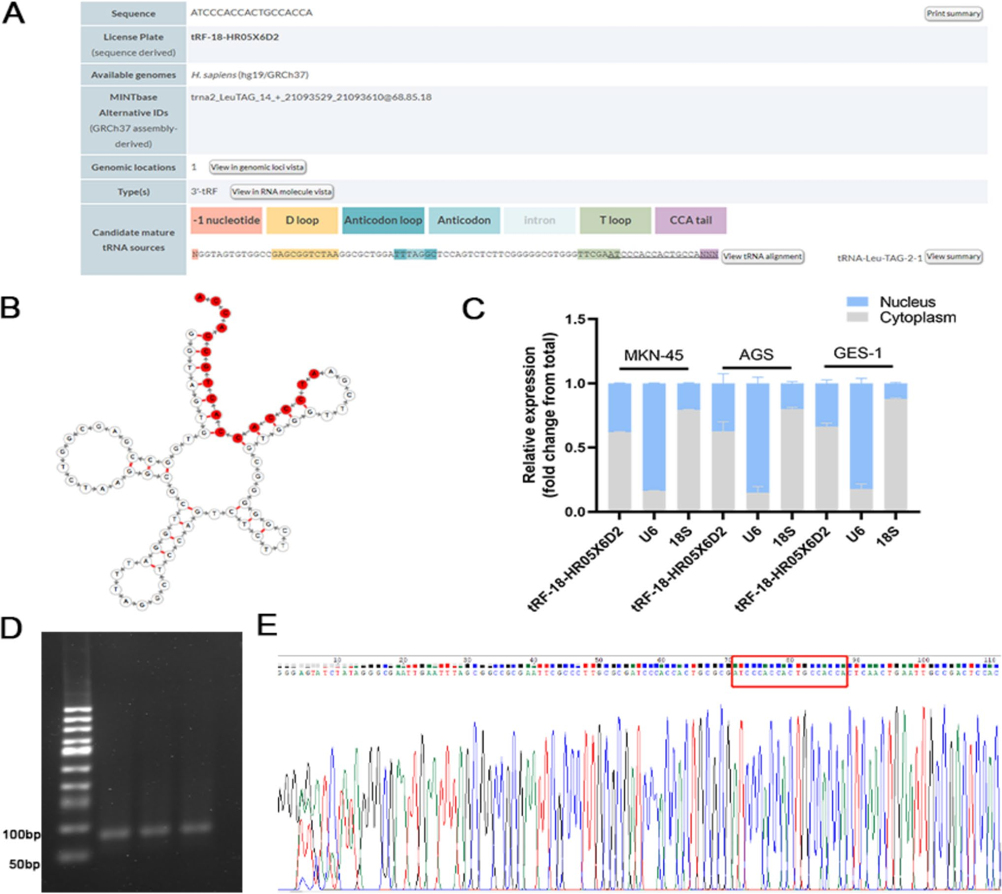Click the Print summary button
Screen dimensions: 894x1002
click(x=953, y=14)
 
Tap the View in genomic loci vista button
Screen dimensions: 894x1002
click(x=257, y=167)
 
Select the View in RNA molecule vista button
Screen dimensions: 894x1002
click(x=282, y=192)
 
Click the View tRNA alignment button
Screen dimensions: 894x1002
click(x=762, y=257)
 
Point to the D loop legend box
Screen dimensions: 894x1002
click(x=302, y=220)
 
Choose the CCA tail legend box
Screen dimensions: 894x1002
click(x=690, y=220)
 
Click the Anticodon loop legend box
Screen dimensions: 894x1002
click(x=383, y=220)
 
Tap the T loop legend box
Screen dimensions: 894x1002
click(x=615, y=220)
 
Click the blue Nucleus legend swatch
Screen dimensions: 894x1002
click(x=857, y=302)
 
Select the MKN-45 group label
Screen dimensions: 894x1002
click(x=653, y=355)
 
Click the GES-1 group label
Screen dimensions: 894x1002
click(x=858, y=353)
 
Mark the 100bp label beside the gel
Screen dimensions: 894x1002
click(x=21, y=834)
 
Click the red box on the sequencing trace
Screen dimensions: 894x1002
click(x=789, y=671)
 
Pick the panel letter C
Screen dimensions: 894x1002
click(x=473, y=309)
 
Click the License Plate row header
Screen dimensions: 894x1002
click(x=133, y=44)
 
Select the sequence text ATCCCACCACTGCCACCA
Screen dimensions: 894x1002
click(x=251, y=13)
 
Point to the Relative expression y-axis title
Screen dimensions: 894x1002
click(x=539, y=415)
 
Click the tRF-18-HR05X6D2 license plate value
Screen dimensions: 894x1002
click(x=234, y=37)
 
